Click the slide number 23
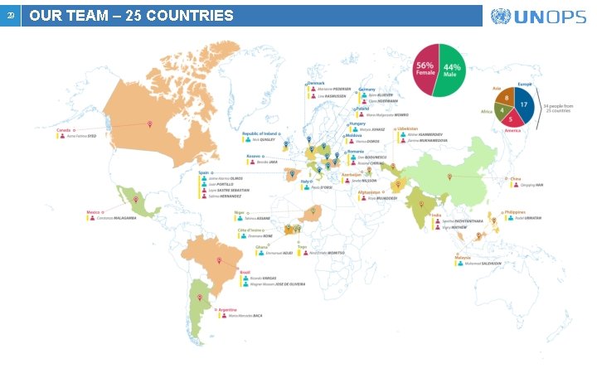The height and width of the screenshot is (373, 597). pos(10,16)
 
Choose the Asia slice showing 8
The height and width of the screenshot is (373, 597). pos(505,99)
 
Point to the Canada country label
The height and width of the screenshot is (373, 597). pos(63,130)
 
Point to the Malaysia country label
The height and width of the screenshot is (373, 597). pos(462,258)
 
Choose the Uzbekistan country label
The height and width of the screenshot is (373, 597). pos(408,128)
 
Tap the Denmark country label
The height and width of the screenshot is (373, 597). pos(316,83)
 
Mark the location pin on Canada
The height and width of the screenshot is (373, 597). pos(149,125)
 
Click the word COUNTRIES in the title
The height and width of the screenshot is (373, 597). pos(188,16)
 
